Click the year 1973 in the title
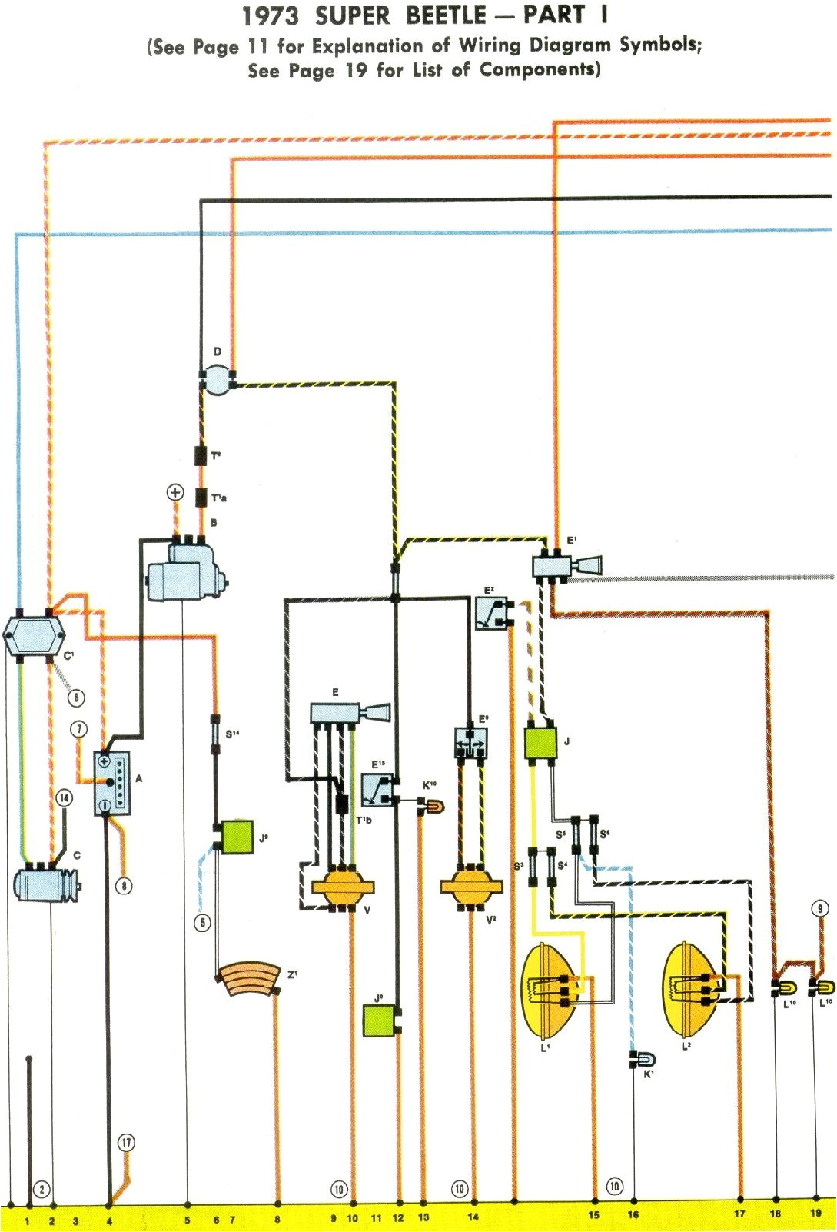tap(270, 16)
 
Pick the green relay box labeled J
tap(540, 743)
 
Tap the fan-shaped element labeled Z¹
tap(247, 979)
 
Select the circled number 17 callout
tap(126, 1143)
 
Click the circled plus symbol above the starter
tap(175, 492)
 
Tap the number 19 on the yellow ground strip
tap(815, 1213)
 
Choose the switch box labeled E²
tap(490, 614)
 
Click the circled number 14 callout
tap(64, 797)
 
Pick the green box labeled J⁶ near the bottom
tap(380, 1020)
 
